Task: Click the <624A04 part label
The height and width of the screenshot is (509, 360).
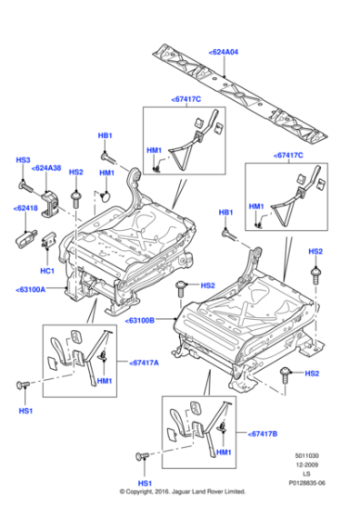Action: tap(225, 54)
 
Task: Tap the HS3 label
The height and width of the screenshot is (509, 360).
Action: tap(23, 159)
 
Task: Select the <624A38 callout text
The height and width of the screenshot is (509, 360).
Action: tap(46, 168)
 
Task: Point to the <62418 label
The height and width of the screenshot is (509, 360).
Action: tap(25, 208)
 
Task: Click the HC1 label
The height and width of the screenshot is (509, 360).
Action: tap(46, 271)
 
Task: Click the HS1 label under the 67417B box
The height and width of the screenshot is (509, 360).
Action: tap(144, 483)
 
